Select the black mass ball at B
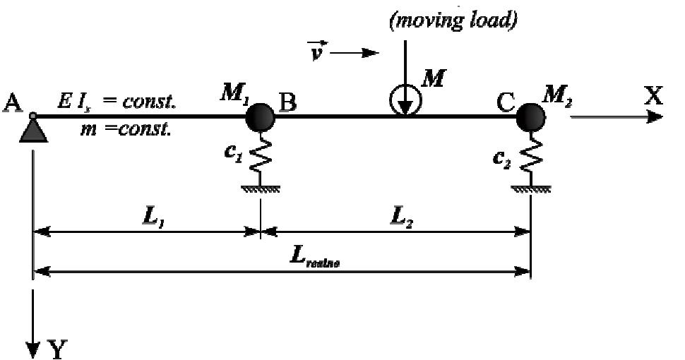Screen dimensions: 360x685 [260, 116]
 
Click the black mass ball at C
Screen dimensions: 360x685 [530, 116]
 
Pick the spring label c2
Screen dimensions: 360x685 [503, 158]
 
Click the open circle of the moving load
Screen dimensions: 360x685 [405, 103]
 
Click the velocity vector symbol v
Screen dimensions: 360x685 [317, 52]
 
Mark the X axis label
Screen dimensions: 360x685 [653, 97]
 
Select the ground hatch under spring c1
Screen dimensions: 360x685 [261, 188]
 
